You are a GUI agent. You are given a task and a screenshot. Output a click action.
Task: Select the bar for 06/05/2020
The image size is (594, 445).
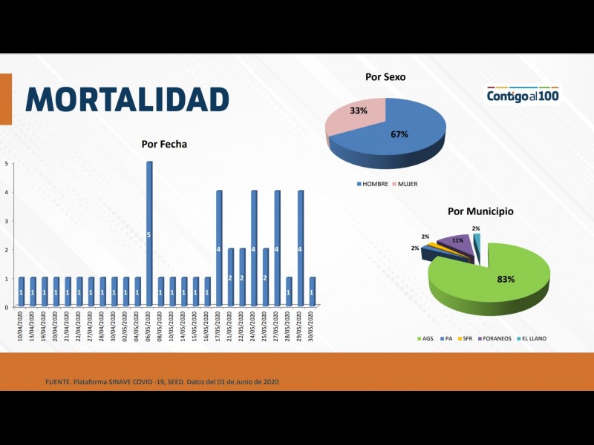(x=149, y=234)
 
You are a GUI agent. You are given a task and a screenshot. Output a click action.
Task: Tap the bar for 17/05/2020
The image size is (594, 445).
(x=219, y=248)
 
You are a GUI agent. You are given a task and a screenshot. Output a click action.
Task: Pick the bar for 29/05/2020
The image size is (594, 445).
(x=301, y=248)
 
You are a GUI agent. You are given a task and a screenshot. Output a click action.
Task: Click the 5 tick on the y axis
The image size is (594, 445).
(x=6, y=163)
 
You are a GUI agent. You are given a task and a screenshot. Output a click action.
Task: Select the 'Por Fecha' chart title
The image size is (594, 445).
(x=164, y=144)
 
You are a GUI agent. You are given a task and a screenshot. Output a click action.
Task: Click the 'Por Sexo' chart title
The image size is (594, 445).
(x=385, y=76)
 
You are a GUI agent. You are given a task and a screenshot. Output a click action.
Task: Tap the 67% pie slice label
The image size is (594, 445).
(x=399, y=134)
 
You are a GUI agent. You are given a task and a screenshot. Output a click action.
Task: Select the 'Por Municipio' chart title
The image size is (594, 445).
(x=480, y=211)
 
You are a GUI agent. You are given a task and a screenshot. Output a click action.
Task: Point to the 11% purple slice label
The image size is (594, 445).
(x=457, y=241)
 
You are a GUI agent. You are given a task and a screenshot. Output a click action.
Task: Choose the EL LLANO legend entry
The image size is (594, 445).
(x=532, y=338)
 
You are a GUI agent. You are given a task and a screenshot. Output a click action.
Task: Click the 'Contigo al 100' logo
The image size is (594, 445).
(x=523, y=96)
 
